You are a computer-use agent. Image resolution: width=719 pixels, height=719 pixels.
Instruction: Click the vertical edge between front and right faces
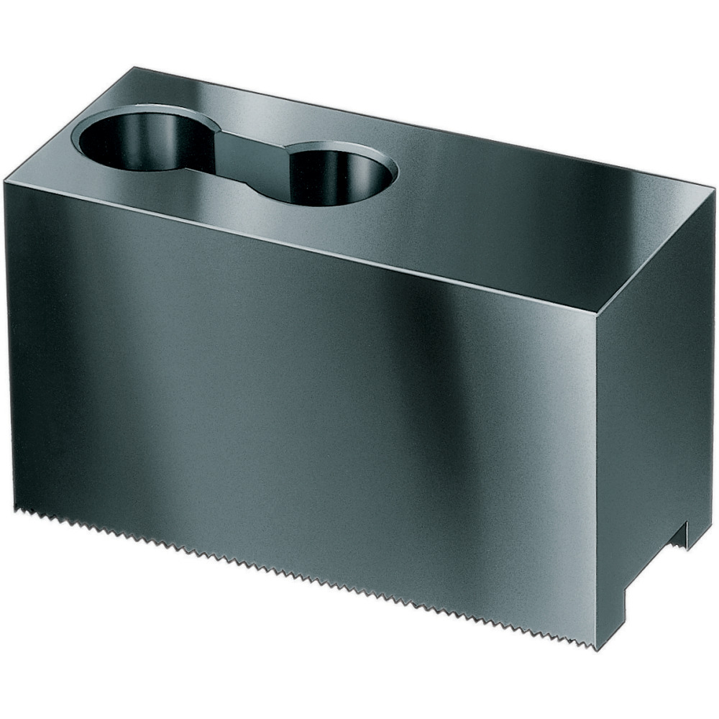[597, 475]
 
